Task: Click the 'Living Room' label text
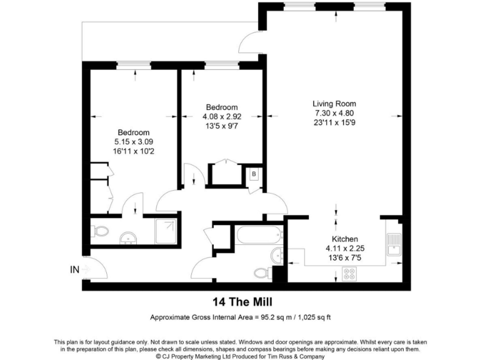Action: (334, 104)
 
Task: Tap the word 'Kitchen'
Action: (344, 239)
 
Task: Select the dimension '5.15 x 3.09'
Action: (134, 141)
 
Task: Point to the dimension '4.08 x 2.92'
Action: (221, 116)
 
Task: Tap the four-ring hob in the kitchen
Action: (349, 273)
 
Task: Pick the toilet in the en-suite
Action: (100, 231)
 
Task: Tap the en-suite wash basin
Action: (129, 237)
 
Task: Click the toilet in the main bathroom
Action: (263, 273)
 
